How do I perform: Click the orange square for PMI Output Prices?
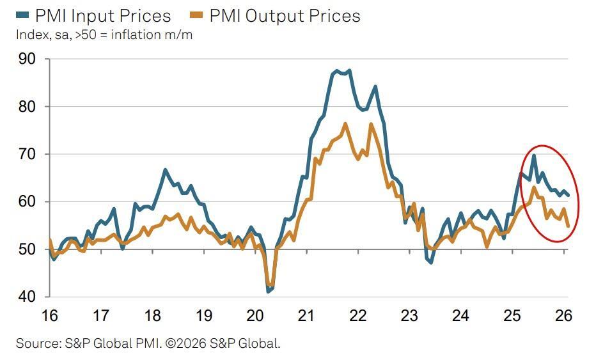pos(197,15)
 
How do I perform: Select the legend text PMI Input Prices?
pos(102,16)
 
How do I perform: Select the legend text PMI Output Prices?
pos(285,16)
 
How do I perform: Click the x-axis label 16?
pos(49,315)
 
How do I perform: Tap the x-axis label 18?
pos(152,315)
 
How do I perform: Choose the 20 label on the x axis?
pos(255,315)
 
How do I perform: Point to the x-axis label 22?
pos(358,315)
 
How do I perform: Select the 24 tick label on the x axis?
pos(461,315)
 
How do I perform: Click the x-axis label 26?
pos(564,315)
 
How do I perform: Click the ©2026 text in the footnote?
pos(184,343)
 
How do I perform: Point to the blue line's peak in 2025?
pos(533,155)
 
